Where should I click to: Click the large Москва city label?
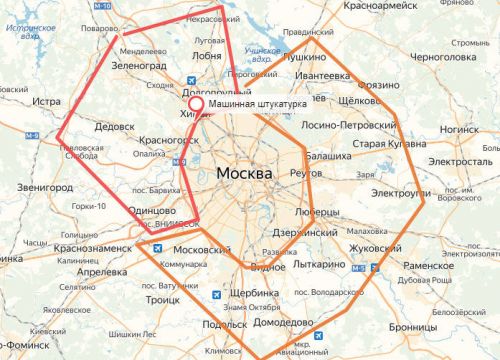(243, 174)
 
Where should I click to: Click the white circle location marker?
(196, 104)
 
